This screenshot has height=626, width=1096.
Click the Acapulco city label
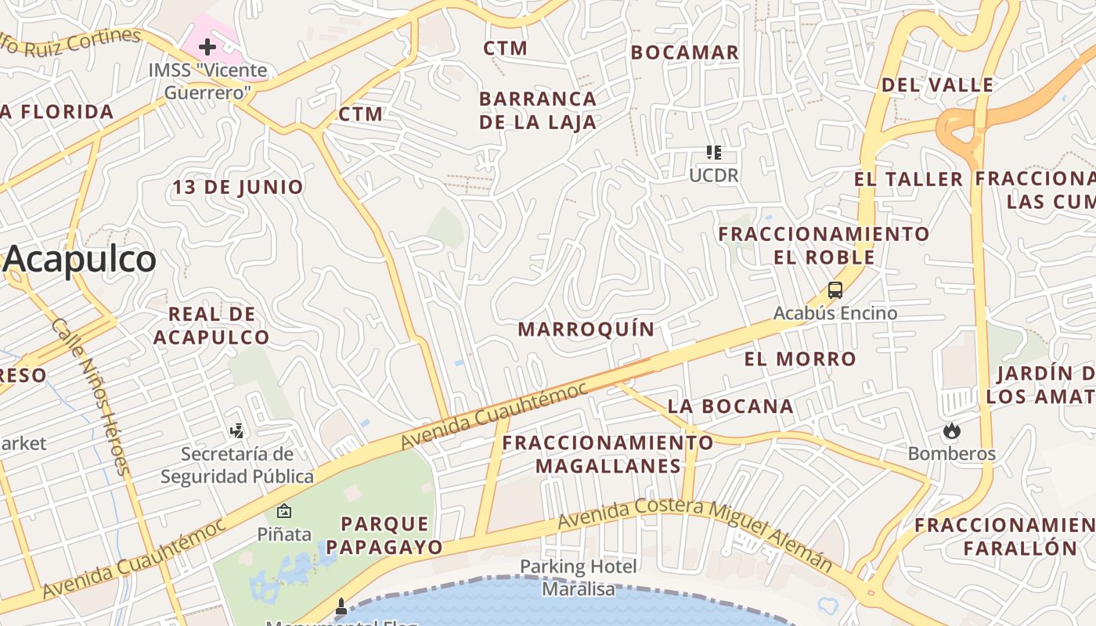80,260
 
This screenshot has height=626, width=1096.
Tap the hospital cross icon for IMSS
207,47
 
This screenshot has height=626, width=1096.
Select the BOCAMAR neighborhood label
685,52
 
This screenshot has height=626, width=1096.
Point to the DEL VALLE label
938,85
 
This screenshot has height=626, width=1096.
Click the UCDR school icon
713,152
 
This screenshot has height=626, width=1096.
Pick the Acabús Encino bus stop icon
835,290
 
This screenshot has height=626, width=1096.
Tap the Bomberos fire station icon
952,430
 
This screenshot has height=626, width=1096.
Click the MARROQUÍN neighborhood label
586,329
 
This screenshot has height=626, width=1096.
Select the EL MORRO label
800,359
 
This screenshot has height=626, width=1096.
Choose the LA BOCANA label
730,406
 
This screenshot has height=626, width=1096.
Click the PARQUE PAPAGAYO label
384,535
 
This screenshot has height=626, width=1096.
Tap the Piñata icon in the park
284,511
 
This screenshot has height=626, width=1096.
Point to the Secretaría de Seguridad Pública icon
237,430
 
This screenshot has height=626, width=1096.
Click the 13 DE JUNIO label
238,187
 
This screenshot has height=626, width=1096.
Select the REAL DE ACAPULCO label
212,326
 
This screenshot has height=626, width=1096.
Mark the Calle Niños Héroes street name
89,396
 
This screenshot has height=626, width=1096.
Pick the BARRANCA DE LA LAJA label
538,110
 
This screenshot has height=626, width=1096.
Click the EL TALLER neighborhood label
908,179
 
